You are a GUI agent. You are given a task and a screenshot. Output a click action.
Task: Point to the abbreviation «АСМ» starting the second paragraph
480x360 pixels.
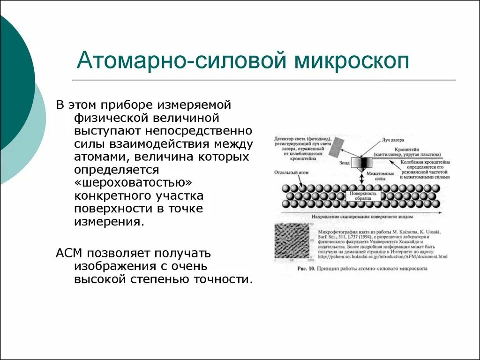(69, 254)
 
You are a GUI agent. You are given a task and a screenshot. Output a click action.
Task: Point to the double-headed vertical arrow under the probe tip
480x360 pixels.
(361, 180)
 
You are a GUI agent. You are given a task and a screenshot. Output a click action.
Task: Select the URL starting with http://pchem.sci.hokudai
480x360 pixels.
(382, 257)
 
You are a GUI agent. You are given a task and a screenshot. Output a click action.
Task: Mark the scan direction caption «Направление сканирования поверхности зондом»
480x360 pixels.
(360, 217)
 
